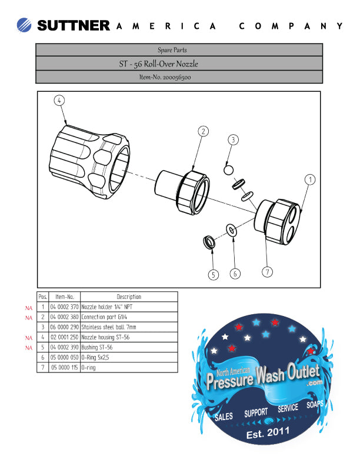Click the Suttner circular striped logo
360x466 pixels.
click(25, 25)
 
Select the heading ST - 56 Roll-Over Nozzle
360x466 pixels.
click(161, 63)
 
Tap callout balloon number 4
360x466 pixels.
click(59, 100)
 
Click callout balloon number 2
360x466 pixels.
click(203, 131)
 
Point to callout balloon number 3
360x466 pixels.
click(234, 140)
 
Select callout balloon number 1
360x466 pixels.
click(310, 178)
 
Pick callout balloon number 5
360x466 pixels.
click(213, 274)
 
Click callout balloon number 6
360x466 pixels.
click(234, 274)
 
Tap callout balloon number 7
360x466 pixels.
click(267, 272)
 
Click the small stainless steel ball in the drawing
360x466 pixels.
click(228, 170)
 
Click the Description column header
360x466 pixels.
click(128, 297)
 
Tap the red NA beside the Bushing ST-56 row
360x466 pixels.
click(28, 347)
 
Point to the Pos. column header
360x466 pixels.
click(42, 297)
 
